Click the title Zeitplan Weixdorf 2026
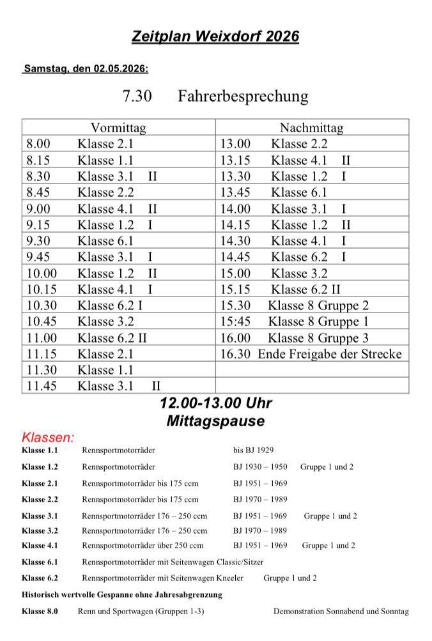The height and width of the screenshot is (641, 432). tap(215, 37)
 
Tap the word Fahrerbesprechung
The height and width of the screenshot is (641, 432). tap(243, 97)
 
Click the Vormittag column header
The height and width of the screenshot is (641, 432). tap(118, 128)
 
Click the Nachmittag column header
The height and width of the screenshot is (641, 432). tap(312, 128)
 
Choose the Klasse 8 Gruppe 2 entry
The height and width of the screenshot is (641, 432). tap(318, 305)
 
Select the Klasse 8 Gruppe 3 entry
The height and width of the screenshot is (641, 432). tap(318, 338)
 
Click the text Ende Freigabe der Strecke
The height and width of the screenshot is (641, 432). tap(330, 354)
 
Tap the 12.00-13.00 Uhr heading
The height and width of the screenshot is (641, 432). tap(216, 404)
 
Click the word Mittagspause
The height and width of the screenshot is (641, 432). tap(215, 422)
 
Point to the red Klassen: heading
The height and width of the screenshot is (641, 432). tap(48, 438)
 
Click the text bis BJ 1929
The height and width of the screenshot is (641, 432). tap(254, 451)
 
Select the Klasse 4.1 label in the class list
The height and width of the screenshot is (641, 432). tap(40, 546)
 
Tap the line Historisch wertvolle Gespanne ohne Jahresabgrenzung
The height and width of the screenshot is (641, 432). tap(121, 594)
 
